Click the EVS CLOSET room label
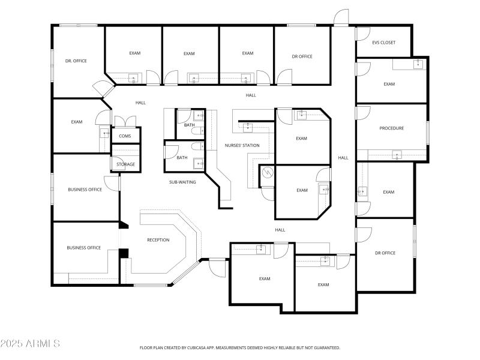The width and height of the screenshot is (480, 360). pos(383,43)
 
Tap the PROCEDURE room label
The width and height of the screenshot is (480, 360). pos(391,128)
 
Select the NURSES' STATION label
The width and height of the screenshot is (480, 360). pos(242,146)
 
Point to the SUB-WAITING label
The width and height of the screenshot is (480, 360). pos(182,182)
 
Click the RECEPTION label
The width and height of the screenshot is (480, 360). pos(158,240)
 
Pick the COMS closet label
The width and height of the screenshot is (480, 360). pos(125,136)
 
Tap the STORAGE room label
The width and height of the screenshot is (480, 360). pos(125,164)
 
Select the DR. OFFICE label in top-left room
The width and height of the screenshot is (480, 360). pos(76,61)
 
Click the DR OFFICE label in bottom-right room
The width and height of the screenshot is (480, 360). pos(385,253)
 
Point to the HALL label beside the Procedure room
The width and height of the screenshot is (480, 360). pos(343,158)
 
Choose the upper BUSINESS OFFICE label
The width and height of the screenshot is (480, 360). pos(85,190)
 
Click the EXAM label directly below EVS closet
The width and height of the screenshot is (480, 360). pos(389,84)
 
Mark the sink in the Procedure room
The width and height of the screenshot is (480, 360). pos(397,155)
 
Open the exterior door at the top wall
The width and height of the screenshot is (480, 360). pos(341,18)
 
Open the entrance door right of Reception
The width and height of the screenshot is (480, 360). pos(217,267)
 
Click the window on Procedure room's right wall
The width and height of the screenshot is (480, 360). pos(427,133)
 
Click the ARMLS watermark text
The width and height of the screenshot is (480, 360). pos(30,344)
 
